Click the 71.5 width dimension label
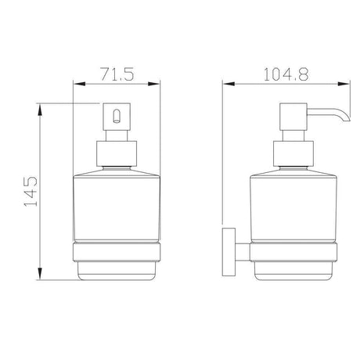pyautogui.click(x=117, y=74)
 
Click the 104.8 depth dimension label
pyautogui.click(x=286, y=74)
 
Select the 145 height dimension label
pyautogui.click(x=31, y=192)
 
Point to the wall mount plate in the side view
pyautogui.click(x=229, y=252)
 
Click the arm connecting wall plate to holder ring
pyautogui.click(x=243, y=252)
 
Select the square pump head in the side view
pyautogui.click(x=293, y=117)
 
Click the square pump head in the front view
pyautogui.click(x=117, y=117)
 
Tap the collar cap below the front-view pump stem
pyautogui.click(x=117, y=153)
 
